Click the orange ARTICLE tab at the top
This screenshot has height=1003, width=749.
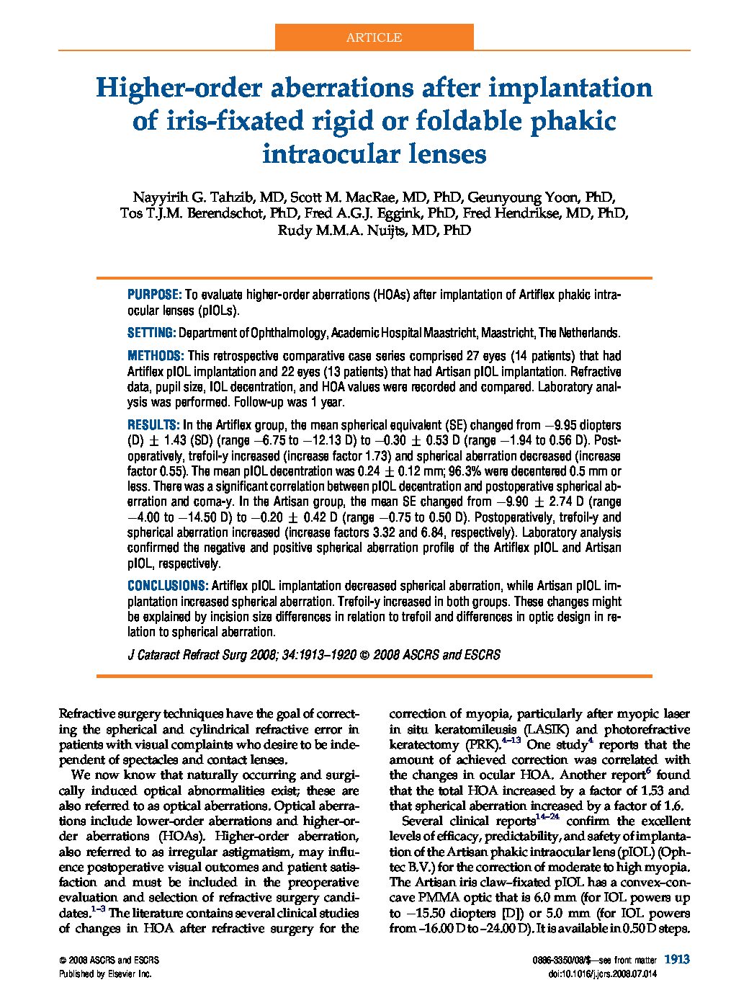coord(374,37)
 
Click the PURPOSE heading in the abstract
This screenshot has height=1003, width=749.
coord(154,295)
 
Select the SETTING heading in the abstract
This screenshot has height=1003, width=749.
coord(151,333)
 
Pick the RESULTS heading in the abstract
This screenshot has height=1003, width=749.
coord(153,425)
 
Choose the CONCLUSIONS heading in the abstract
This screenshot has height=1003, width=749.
coord(168,586)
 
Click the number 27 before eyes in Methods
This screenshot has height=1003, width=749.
coord(424,356)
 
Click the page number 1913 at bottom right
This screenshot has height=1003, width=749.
coord(677,959)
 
